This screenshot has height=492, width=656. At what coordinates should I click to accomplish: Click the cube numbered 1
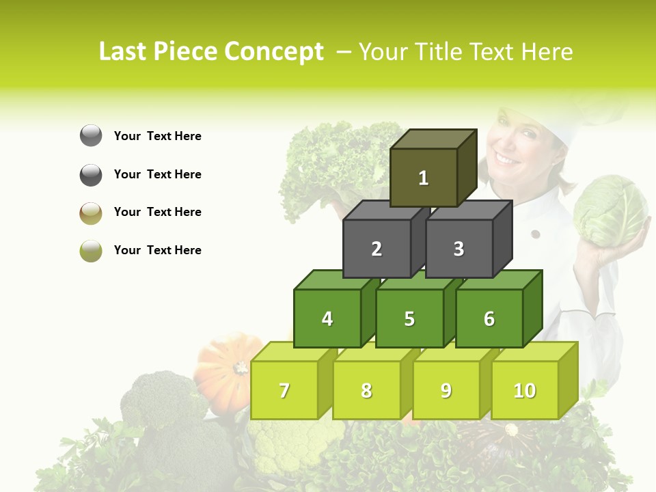(424, 178)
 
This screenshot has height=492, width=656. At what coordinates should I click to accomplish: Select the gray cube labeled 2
(377, 249)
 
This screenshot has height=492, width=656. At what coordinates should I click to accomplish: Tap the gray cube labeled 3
(459, 249)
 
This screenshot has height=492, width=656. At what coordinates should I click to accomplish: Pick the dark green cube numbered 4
(327, 318)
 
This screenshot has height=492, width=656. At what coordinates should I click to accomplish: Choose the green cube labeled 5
(409, 318)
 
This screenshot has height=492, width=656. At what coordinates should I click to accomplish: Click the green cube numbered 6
(489, 318)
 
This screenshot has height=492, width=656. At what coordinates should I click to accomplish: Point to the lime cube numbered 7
(284, 390)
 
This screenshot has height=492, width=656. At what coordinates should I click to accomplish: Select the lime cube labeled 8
(366, 390)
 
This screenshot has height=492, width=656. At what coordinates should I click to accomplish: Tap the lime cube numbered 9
(446, 390)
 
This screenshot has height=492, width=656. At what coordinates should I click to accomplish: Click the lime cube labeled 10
(525, 390)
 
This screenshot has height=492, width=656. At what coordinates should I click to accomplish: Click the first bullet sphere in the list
(91, 136)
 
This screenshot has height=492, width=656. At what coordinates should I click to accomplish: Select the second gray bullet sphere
(91, 174)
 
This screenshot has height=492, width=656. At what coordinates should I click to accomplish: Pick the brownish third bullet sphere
(91, 213)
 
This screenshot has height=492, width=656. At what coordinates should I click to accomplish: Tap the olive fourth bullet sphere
(91, 250)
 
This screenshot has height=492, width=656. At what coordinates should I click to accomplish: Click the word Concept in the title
(274, 52)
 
